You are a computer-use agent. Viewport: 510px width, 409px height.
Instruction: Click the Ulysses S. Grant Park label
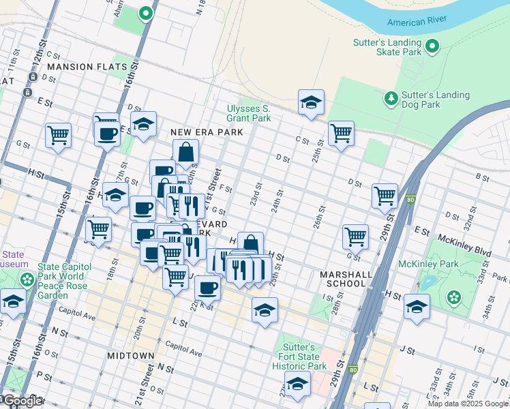249,113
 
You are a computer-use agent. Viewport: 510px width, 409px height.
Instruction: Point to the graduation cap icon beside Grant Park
311,102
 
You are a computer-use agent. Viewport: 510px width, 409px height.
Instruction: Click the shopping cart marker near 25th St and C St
341,134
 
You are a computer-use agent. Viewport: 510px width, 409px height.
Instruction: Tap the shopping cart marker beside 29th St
385,196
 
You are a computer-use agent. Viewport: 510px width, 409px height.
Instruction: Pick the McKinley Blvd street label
457,240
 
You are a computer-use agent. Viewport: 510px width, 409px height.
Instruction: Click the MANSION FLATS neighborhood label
87,67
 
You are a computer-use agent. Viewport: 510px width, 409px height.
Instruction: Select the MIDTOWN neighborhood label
131,356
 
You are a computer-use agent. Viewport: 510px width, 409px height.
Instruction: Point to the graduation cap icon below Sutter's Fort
297,384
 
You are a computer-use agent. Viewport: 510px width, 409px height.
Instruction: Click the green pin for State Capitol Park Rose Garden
27,279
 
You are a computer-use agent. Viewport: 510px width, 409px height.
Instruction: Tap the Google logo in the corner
22,401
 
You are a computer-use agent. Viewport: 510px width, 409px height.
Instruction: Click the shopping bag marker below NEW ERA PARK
185,153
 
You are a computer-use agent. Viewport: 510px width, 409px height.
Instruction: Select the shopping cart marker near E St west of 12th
59,135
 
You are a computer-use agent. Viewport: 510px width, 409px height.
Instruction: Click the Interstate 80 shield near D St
409,200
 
